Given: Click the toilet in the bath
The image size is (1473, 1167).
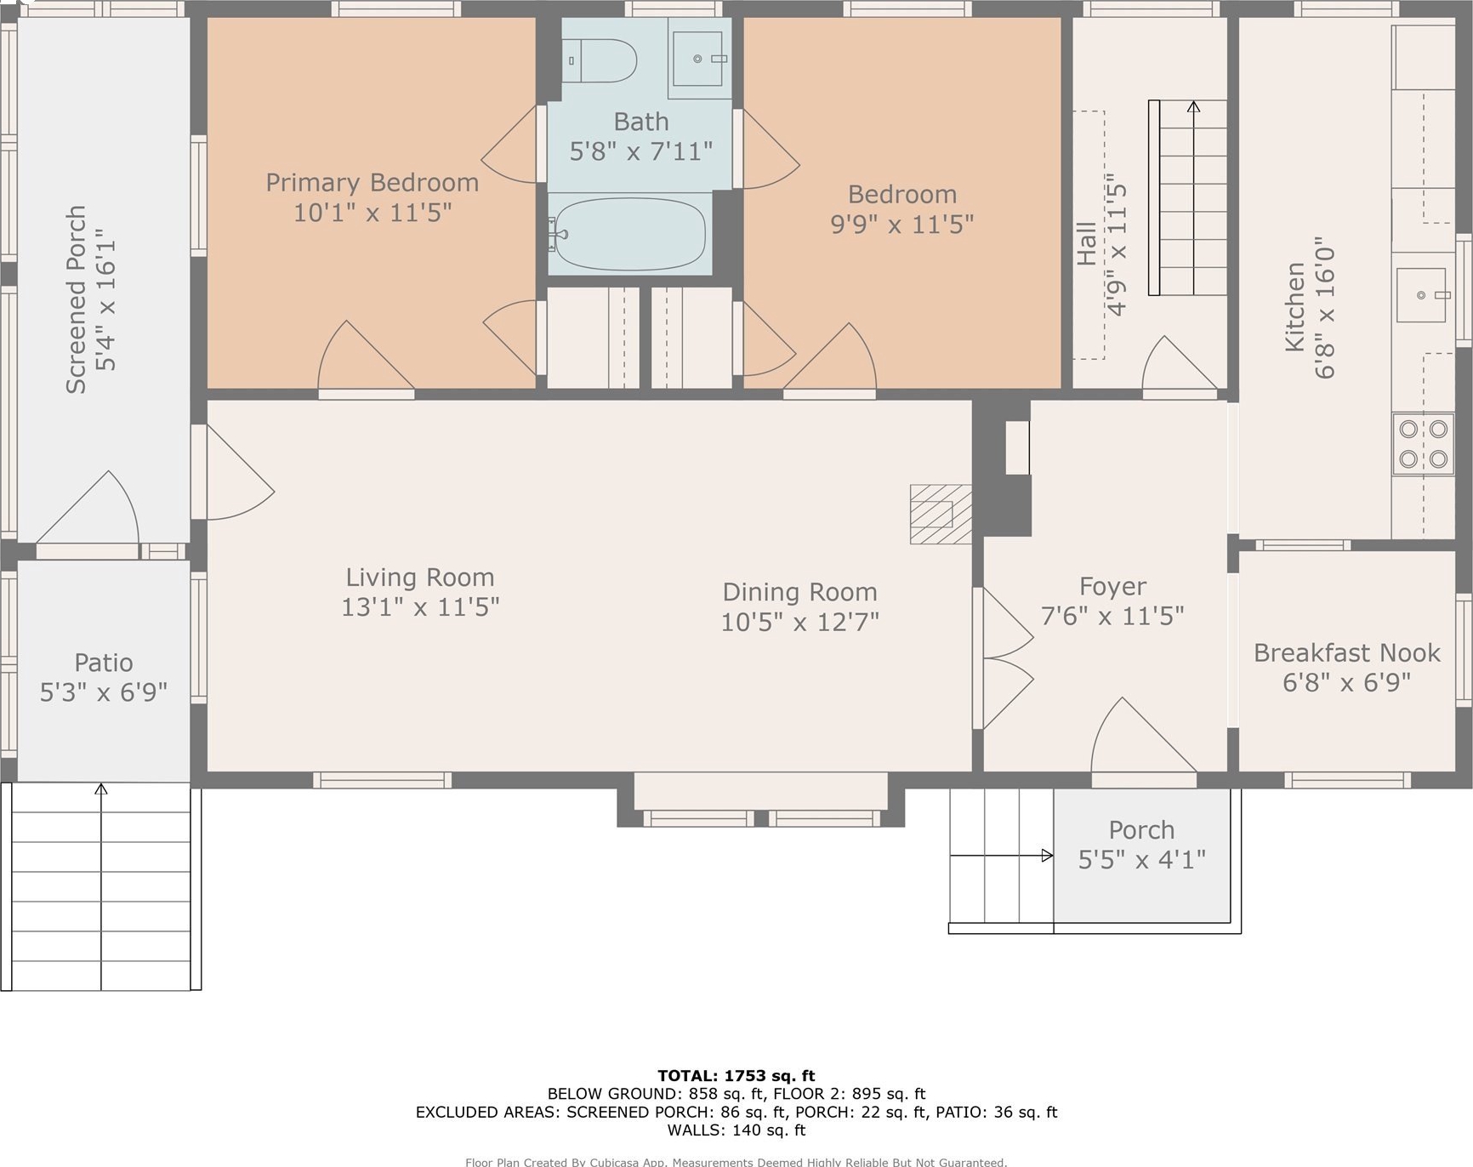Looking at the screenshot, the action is click(600, 60).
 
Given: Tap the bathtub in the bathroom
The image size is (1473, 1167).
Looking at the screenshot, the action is click(629, 234).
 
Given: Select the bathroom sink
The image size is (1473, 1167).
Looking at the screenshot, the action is click(697, 59).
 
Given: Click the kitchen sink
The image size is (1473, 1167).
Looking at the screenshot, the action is click(1421, 295).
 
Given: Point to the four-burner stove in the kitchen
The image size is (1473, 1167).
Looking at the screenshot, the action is click(1423, 444).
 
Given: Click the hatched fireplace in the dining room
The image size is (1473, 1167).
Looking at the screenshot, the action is click(941, 514).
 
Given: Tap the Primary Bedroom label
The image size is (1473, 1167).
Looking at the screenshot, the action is click(373, 183).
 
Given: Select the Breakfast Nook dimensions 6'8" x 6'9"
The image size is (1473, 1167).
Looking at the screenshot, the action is click(1347, 682).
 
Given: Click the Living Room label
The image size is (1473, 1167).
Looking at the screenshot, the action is click(420, 578).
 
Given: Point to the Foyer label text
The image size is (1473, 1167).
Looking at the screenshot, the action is click(1112, 587).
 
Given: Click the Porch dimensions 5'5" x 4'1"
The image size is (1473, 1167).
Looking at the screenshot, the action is click(1142, 860).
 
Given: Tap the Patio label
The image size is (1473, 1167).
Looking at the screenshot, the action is click(104, 663).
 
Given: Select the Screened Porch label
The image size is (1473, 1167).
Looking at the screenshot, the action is click(77, 299).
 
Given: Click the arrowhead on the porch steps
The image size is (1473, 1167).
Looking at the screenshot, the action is click(1048, 856).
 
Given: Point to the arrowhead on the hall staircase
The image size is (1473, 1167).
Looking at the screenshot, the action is click(1193, 107).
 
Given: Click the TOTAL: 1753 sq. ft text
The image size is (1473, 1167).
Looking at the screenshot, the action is click(736, 1076).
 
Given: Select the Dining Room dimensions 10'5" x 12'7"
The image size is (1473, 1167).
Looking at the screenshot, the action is click(800, 623).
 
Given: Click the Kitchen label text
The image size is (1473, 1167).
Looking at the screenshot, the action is click(1295, 306).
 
